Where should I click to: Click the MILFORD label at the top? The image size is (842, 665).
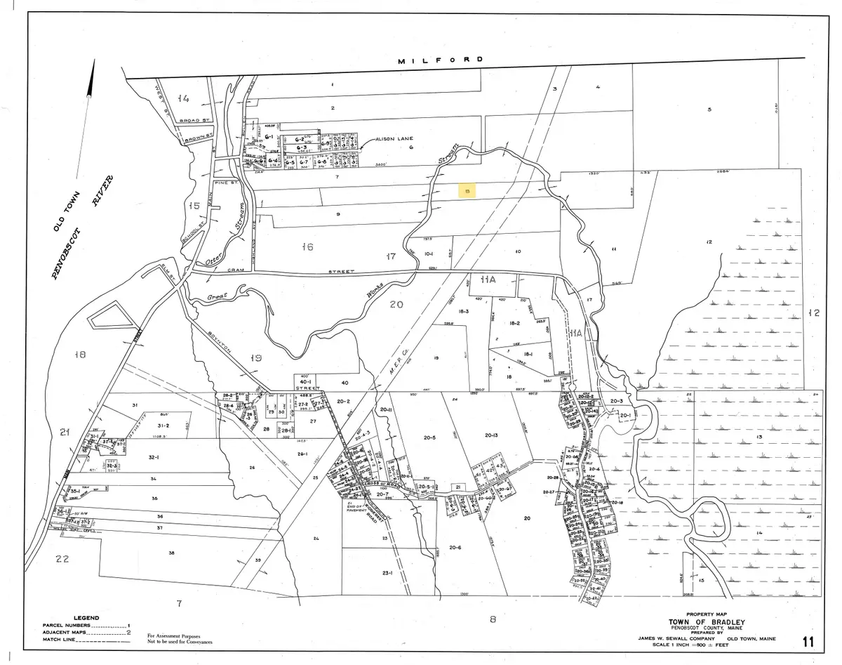pos(441,61)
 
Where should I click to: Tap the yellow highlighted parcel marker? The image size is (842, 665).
pos(467,190)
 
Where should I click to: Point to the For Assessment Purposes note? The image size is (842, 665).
pos(180,635)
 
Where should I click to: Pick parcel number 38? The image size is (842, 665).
pos(171,553)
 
